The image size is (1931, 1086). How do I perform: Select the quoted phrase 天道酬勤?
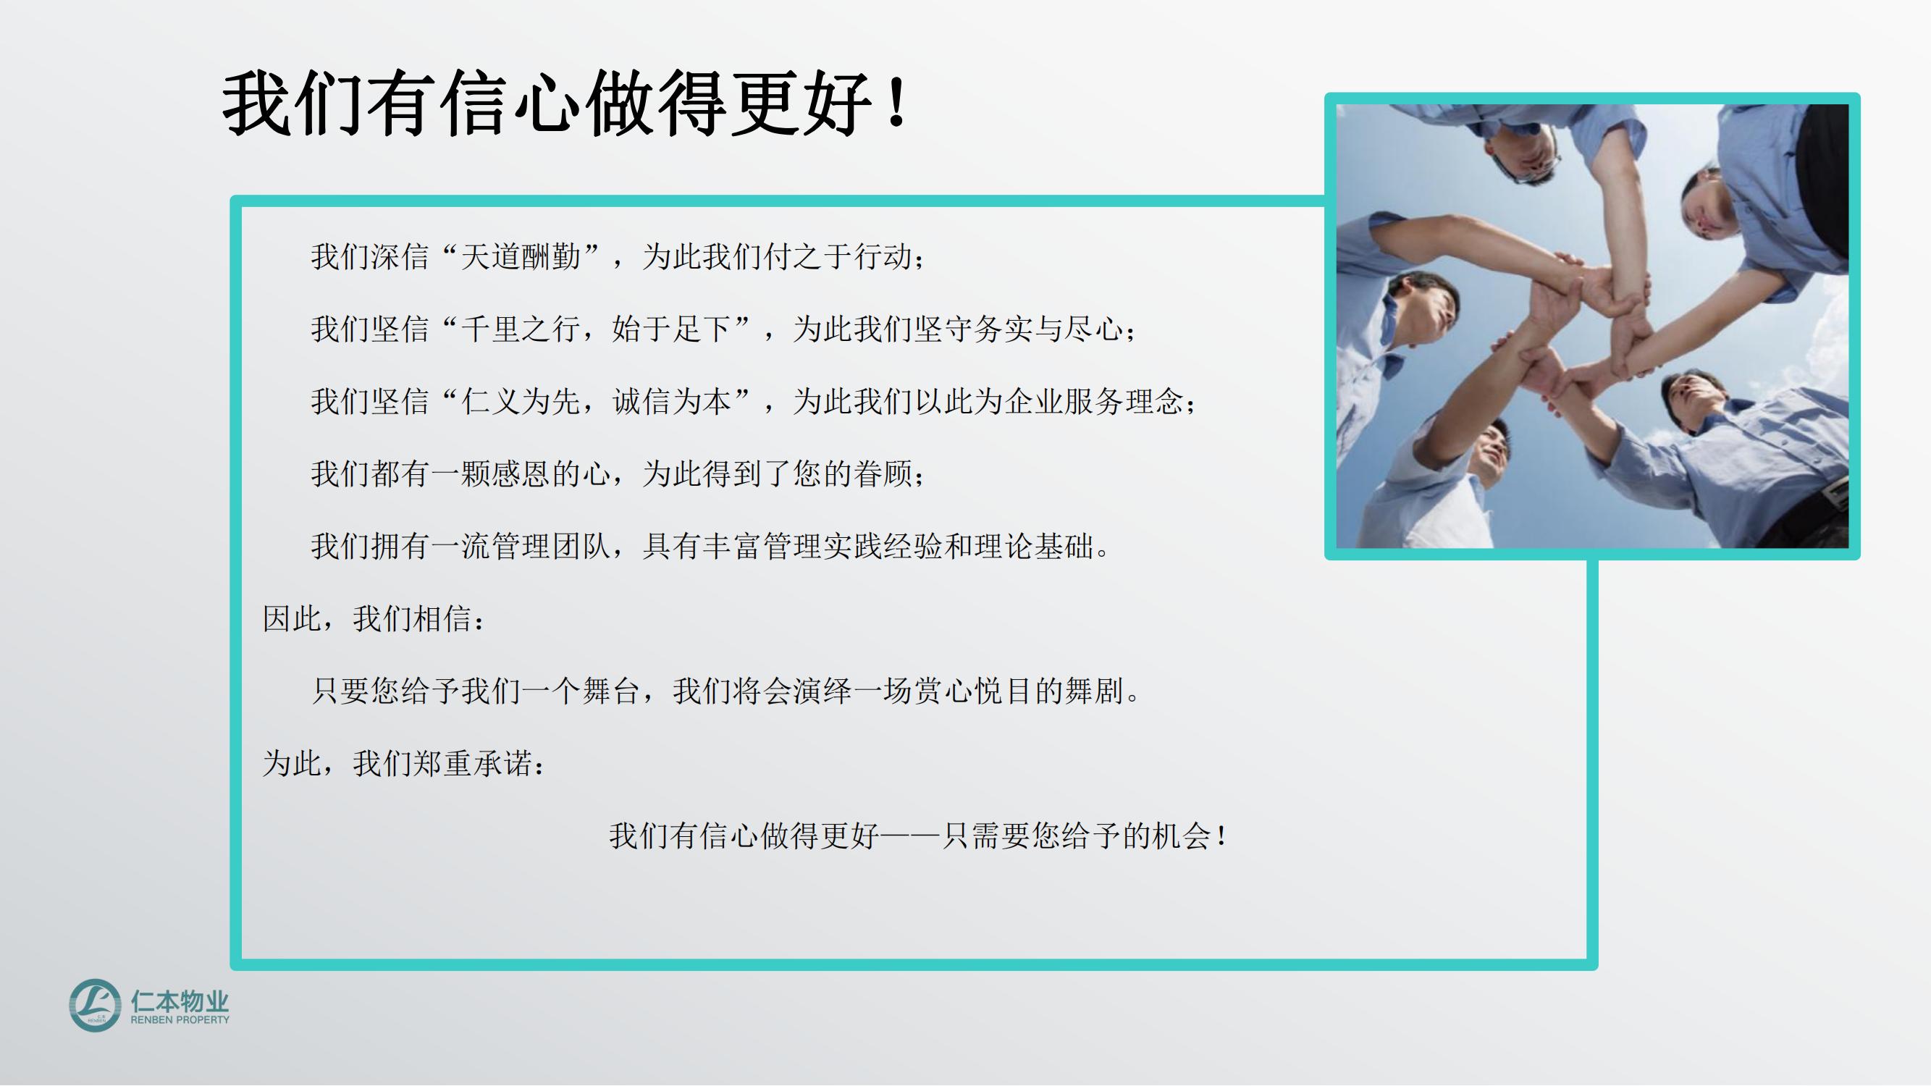tap(521, 257)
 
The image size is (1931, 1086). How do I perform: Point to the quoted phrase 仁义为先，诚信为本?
tap(596, 402)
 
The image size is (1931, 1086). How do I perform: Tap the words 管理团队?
tap(551, 547)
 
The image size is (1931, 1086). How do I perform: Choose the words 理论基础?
tap(1035, 547)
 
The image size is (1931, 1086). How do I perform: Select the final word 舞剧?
tap(1095, 691)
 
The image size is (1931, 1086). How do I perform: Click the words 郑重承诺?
tap(473, 764)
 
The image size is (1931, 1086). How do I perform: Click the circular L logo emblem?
tap(94, 1004)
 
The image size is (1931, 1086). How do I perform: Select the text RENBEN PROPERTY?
tap(180, 1019)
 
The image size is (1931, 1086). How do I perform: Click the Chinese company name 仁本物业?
tap(180, 1001)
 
